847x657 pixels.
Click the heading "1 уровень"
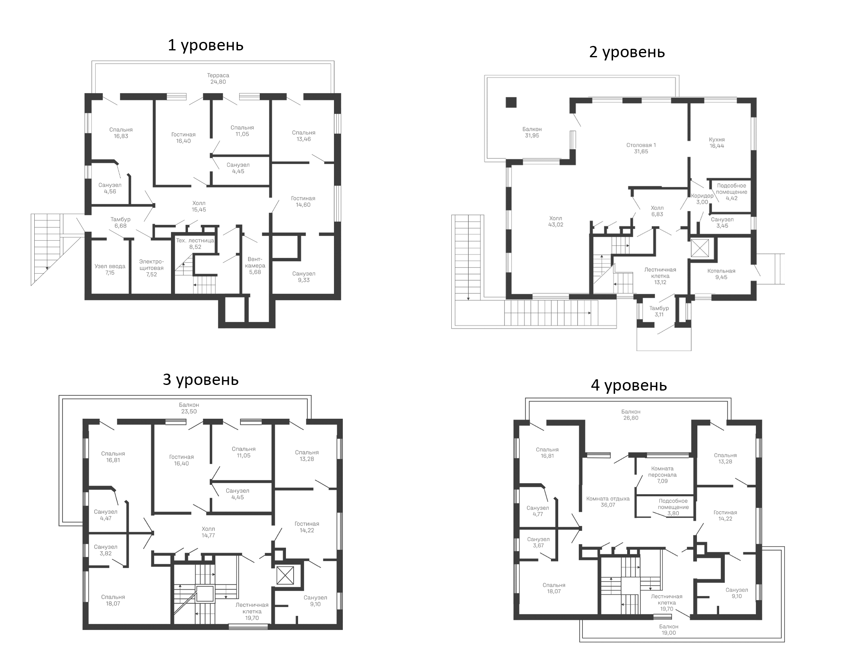[205, 45]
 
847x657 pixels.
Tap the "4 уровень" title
[629, 385]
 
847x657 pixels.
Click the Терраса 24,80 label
[218, 79]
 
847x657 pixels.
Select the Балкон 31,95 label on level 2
[532, 132]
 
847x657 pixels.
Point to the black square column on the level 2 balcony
[511, 102]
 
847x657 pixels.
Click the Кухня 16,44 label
[717, 143]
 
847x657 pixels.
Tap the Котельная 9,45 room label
[721, 274]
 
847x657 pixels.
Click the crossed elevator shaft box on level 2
[700, 248]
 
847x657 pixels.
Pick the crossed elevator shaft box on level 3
[285, 576]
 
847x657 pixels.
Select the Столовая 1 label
[641, 145]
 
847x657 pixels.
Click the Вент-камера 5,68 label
[255, 266]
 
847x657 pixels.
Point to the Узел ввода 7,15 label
[110, 270]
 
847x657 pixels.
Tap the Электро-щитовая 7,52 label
[151, 268]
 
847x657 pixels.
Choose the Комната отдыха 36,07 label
[608, 502]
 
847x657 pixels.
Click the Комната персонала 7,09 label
[662, 475]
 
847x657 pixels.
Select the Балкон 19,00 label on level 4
[669, 630]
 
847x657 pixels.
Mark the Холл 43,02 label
[555, 221]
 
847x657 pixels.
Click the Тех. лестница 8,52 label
[195, 244]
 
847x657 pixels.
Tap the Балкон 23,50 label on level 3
[189, 408]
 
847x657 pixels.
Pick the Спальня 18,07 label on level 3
[113, 600]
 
